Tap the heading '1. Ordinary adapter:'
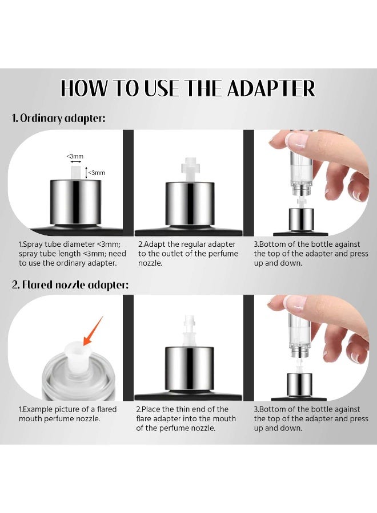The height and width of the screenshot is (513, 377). coord(59,119)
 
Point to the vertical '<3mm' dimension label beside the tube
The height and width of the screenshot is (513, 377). coord(97,172)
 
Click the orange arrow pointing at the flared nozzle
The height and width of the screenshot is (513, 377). coord(93,331)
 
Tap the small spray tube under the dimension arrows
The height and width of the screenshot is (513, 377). coord(74,172)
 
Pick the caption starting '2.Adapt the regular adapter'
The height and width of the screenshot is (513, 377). coord(188,254)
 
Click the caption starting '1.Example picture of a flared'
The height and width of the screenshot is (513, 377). coord(68,414)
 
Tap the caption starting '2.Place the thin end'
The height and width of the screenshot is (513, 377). coord(186,418)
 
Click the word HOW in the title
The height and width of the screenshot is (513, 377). coord(83,89)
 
